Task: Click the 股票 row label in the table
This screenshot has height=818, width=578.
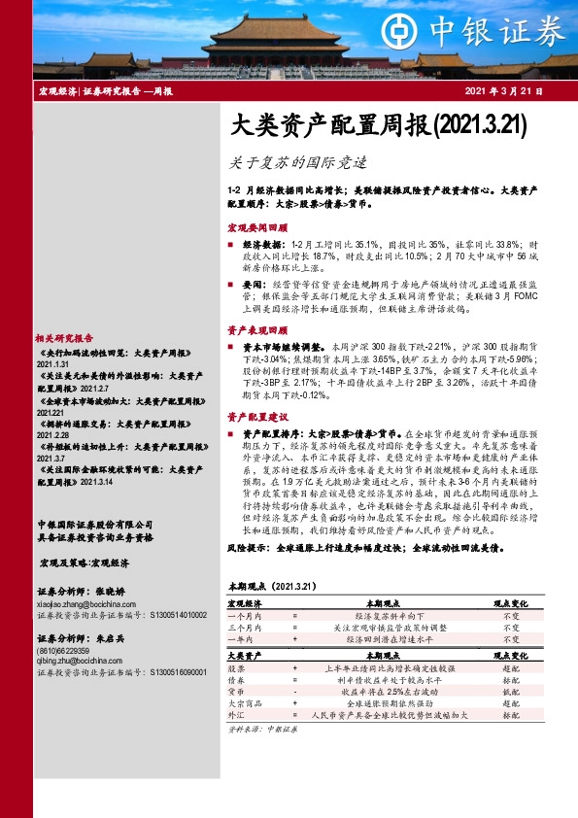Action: pos(236,669)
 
